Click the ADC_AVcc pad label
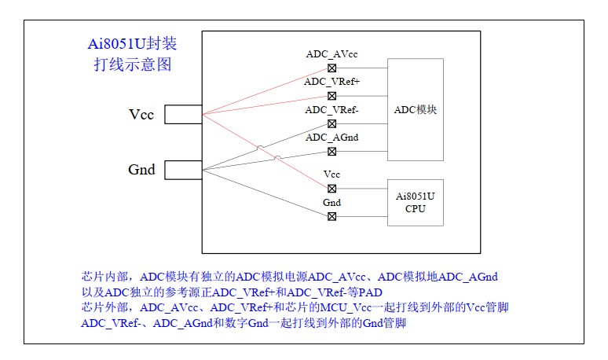pos(331,54)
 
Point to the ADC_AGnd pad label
pos(331,137)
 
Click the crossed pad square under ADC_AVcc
pos(331,67)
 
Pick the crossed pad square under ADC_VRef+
pos(331,95)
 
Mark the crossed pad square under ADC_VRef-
pos(331,123)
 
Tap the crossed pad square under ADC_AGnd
pos(331,150)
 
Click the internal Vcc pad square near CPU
pos(331,188)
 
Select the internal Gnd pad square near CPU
pos(331,215)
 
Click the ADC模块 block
pos(415,109)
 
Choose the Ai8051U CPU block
pos(415,201)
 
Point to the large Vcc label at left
pos(141,116)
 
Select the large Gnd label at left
pos(141,170)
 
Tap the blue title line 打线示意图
pos(131,65)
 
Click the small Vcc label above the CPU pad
pos(331,174)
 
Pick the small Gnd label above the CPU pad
pos(331,202)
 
